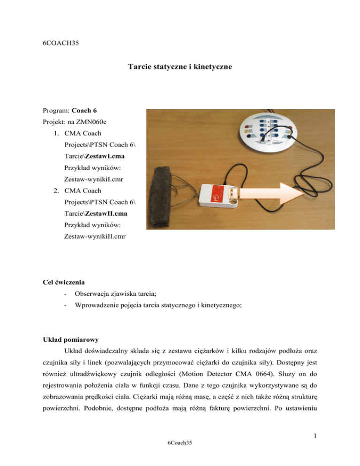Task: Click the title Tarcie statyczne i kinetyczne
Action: pos(180,68)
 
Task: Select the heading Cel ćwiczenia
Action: pos(62,283)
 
